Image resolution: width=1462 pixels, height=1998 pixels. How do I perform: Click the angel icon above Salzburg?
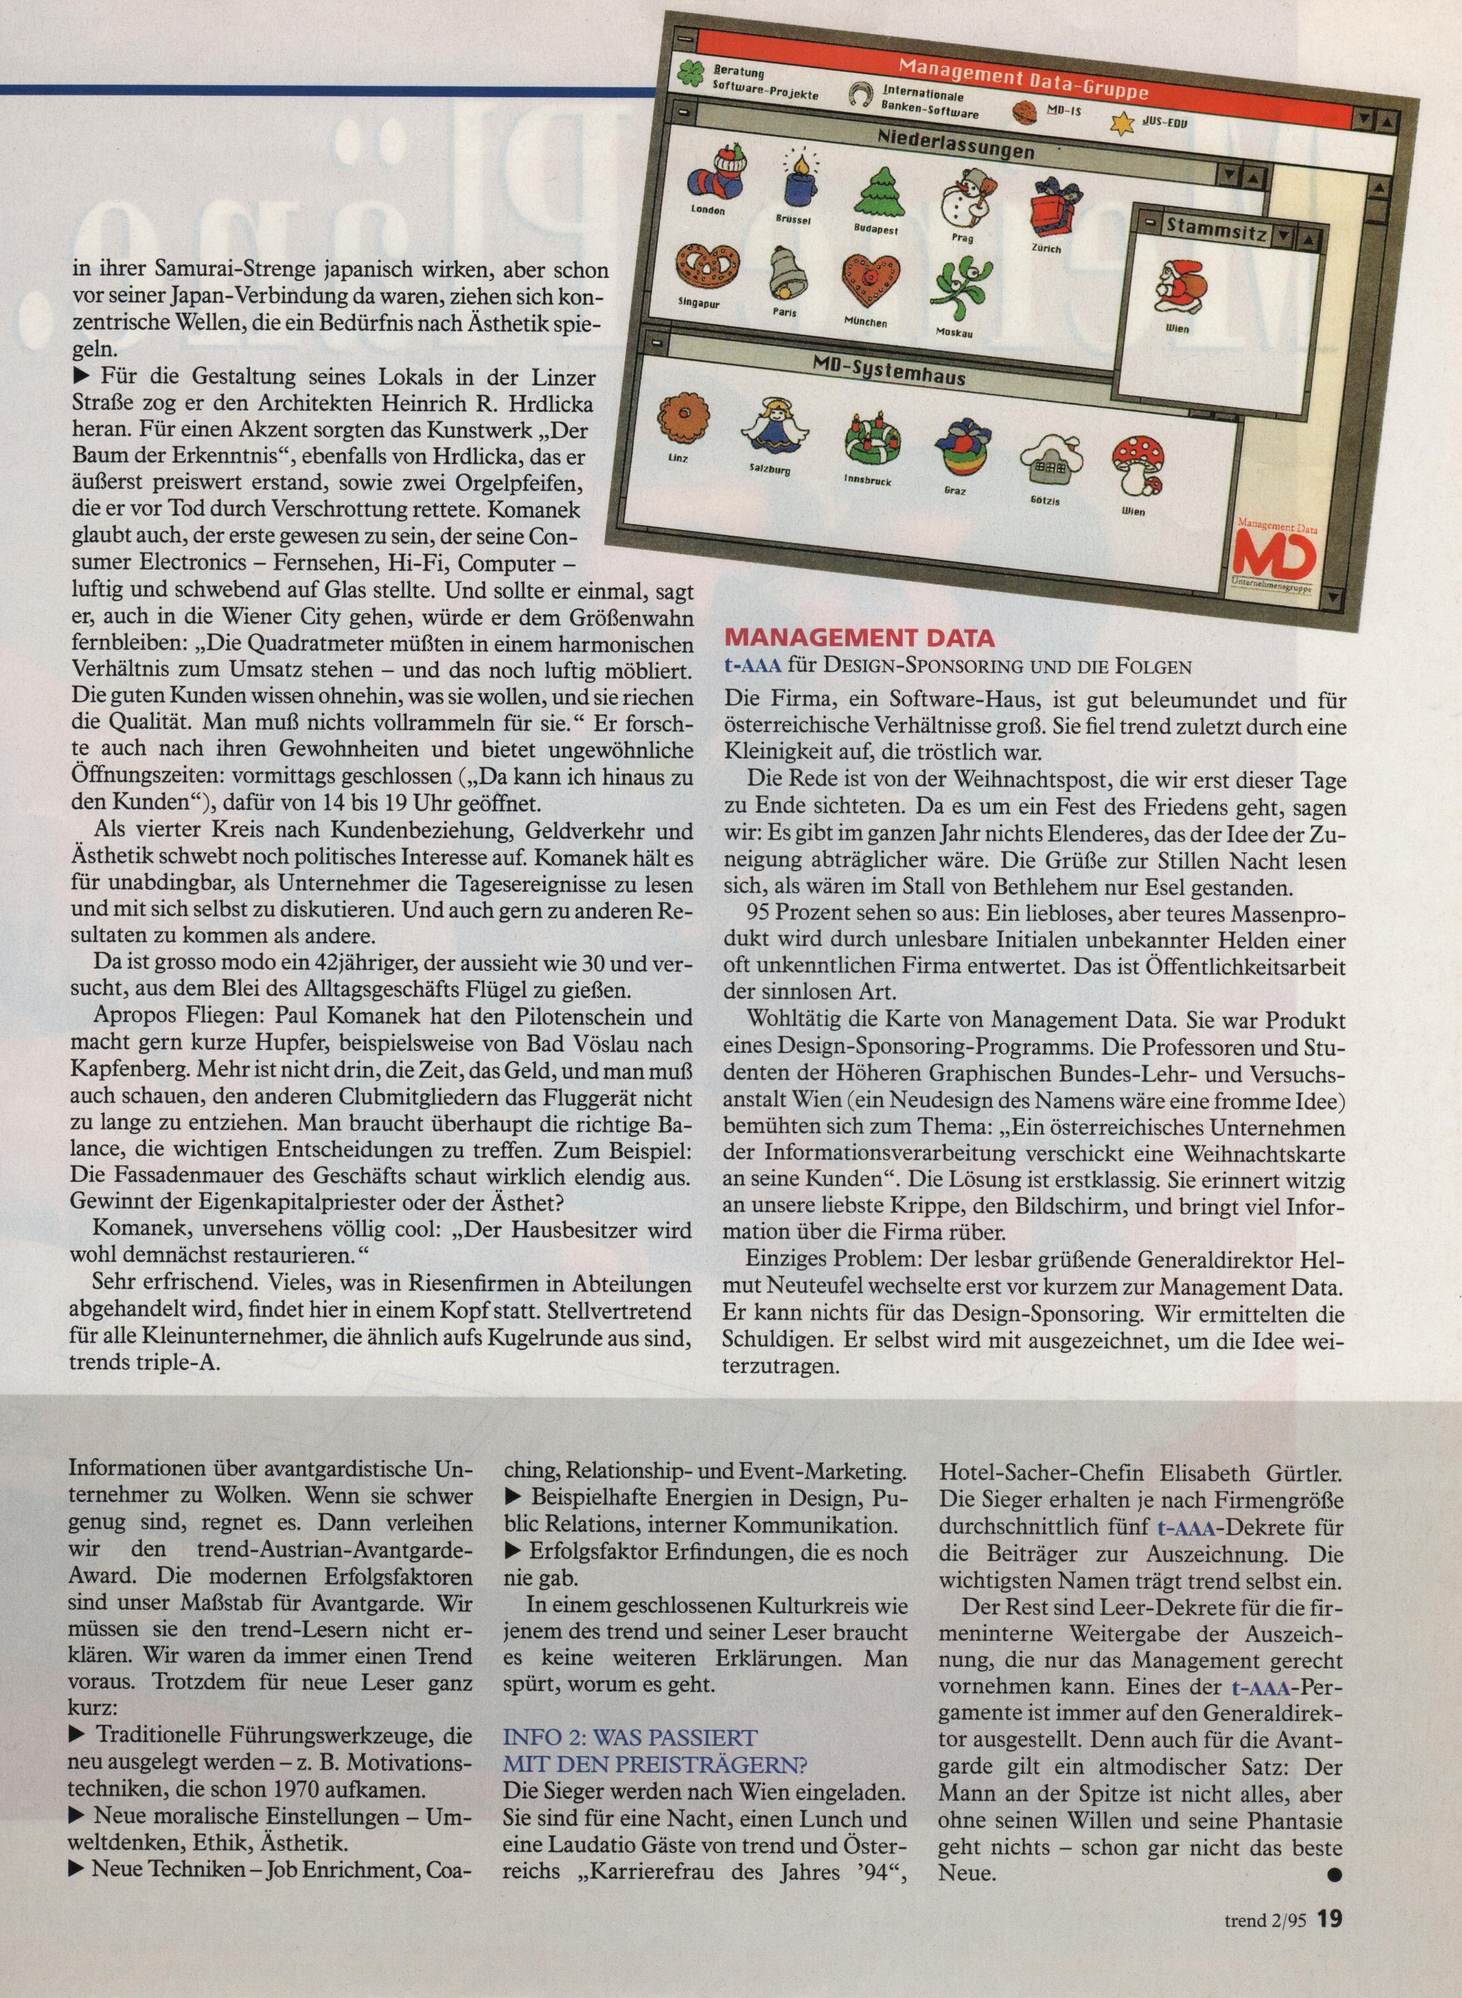(766, 427)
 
